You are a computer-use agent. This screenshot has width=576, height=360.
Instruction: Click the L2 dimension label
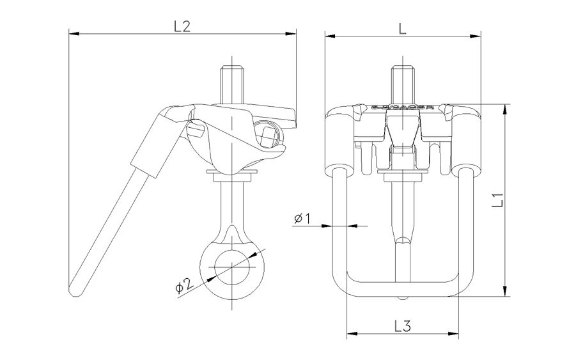(182, 26)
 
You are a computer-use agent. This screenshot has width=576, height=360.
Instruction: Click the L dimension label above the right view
(401, 28)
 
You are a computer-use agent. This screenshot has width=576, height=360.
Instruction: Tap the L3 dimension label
(403, 325)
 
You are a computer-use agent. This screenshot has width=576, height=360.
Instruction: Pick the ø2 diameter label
(183, 286)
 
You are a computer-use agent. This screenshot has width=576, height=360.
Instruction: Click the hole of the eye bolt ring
(233, 269)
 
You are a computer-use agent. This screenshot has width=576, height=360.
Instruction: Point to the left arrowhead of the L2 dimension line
(72, 32)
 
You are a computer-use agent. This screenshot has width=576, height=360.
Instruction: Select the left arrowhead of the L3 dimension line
(350, 333)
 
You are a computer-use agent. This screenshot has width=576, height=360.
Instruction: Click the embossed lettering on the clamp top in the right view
(402, 108)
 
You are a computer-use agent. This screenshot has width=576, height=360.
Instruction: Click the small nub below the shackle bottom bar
(403, 297)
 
